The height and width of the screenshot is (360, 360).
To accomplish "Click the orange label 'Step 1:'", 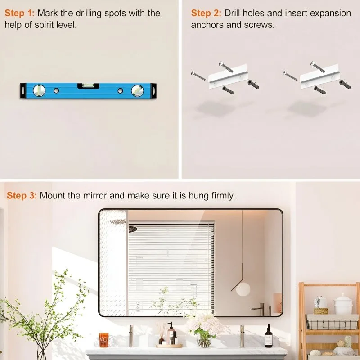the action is coord(19,13).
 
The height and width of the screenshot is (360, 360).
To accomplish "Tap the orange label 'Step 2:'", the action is coord(206,13).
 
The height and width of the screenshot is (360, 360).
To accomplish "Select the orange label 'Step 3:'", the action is coord(22,196).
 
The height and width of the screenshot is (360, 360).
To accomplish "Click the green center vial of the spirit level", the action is coord(88,85).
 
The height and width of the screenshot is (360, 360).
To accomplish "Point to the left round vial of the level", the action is coord(39,90).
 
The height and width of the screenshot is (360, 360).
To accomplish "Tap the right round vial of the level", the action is coord(138,90).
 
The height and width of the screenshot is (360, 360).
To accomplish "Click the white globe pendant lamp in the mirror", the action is coord(243,289).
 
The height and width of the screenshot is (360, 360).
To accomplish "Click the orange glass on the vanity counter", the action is coord(104,340).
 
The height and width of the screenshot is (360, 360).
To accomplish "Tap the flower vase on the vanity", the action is coord(204,341).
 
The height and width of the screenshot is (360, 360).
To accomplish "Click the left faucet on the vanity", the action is coord(131,336).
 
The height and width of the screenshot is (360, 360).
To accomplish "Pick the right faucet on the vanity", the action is coord(242,336).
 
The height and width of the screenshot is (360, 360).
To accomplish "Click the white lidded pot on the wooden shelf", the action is coord(343,304).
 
